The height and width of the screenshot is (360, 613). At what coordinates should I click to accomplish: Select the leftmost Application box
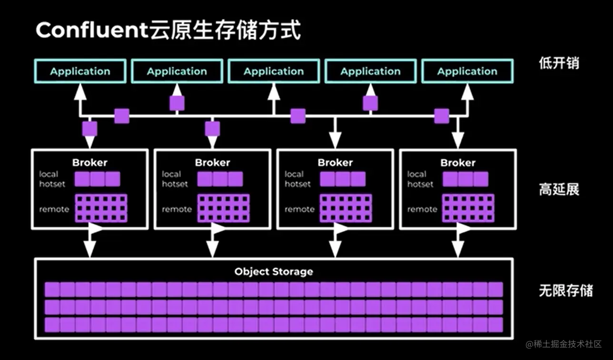[80, 71]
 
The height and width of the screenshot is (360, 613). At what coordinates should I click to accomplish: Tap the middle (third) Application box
[274, 71]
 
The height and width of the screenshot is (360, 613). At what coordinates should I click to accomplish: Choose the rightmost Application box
[467, 71]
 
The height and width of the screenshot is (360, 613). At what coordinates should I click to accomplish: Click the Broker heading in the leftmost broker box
[89, 162]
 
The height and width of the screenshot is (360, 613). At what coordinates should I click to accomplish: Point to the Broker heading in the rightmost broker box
[458, 162]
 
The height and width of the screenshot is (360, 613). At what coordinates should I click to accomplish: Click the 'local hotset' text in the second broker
[175, 179]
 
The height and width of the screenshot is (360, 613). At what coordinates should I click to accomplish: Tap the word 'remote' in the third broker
[299, 209]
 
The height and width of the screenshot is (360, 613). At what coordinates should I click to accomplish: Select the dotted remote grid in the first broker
[101, 208]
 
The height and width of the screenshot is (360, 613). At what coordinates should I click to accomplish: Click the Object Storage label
[274, 272]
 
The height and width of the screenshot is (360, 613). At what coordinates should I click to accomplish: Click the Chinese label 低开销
[559, 63]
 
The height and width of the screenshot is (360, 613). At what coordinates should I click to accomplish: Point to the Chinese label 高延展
[559, 190]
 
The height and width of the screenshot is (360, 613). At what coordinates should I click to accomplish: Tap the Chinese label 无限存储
[565, 290]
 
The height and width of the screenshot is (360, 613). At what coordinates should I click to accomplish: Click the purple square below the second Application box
[177, 103]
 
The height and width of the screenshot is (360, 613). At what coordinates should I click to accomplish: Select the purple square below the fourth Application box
[370, 103]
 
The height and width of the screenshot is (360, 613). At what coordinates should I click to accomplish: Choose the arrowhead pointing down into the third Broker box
[335, 140]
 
